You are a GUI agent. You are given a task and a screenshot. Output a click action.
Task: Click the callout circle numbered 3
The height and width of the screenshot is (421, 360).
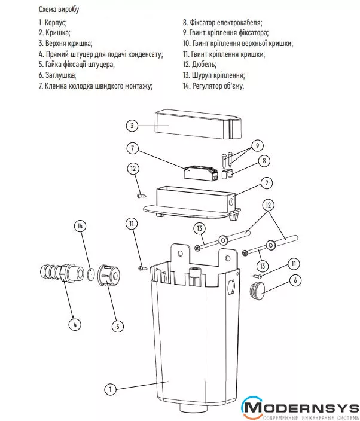(x=132, y=126)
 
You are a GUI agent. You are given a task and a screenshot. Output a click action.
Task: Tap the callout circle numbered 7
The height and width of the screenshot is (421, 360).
(x=132, y=147)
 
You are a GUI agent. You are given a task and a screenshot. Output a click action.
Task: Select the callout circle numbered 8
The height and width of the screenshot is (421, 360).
(x=264, y=161)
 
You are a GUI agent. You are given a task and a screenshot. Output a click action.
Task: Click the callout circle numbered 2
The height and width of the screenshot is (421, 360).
(x=268, y=182)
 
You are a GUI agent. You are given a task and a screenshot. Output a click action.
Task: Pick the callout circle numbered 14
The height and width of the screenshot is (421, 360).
(x=81, y=226)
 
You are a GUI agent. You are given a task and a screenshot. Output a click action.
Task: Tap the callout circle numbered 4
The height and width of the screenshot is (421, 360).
(x=74, y=325)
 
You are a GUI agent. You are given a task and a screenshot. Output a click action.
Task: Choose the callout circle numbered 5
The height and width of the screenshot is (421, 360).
(x=117, y=326)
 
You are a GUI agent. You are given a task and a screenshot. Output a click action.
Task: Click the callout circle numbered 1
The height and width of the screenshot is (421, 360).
(x=109, y=389)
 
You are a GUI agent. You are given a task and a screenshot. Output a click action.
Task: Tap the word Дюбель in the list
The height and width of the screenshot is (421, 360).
(x=204, y=64)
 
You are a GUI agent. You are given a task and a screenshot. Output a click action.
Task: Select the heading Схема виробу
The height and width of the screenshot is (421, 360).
(x=59, y=10)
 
